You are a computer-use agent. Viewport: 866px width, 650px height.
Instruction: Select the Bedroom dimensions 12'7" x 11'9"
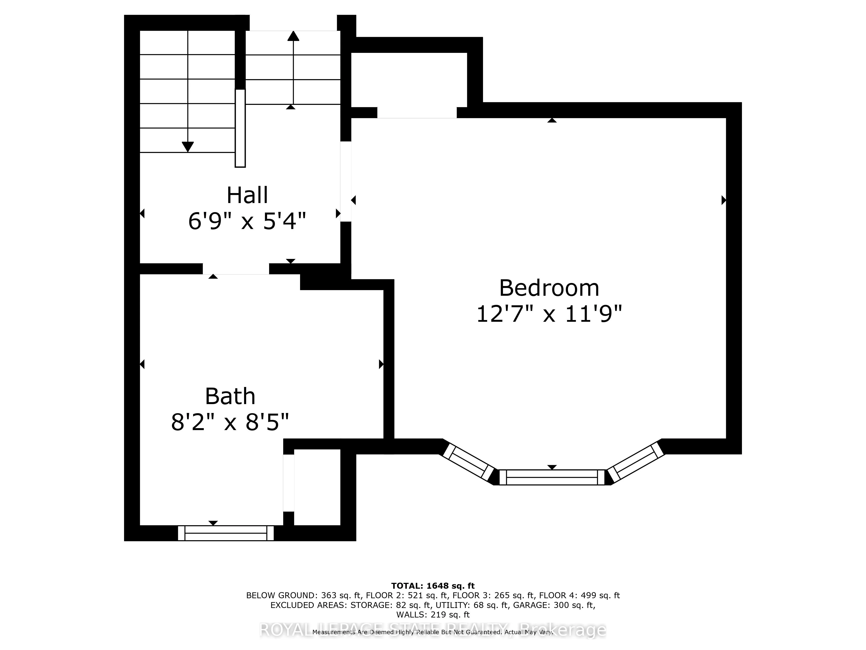click(x=549, y=314)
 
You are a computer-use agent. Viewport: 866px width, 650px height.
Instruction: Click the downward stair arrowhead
click(x=188, y=146)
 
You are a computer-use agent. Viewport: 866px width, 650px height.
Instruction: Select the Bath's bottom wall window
click(x=226, y=533)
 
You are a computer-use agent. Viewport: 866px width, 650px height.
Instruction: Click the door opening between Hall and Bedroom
click(x=346, y=181)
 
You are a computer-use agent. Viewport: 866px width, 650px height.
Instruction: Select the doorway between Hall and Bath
click(x=236, y=269)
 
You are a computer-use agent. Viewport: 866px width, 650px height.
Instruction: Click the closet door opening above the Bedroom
click(x=417, y=112)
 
